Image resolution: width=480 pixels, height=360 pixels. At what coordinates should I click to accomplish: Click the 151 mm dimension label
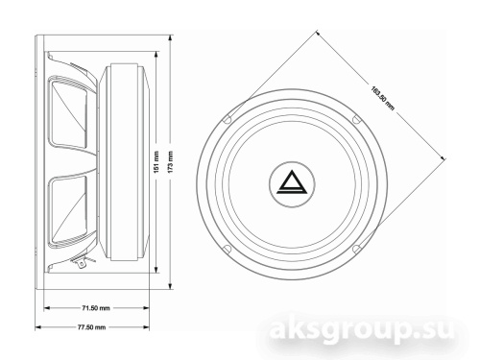pos(156,162)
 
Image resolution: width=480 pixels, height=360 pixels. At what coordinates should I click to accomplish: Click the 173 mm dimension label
pos(170,162)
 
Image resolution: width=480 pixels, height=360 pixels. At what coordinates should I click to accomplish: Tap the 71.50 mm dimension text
pos(96,308)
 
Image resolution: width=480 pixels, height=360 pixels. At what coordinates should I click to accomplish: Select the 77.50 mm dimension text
pos(91,327)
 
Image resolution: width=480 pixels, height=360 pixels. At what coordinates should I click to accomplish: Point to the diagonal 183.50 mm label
pos(382,98)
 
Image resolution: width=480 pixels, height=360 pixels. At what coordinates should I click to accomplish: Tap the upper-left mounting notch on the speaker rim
pos(227,119)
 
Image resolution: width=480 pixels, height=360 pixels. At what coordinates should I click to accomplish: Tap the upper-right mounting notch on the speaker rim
pos(356,119)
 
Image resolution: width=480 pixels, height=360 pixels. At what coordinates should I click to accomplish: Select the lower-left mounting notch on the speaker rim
pos(227,249)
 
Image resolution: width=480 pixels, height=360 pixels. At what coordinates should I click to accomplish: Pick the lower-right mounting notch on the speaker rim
pos(356,249)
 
